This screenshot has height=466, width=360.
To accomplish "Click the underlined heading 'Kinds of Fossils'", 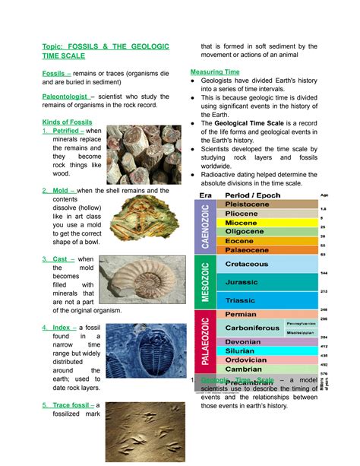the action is (x=68, y=122).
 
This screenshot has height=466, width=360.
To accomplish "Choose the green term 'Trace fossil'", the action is (x=72, y=406).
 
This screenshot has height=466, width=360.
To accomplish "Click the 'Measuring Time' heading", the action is (x=215, y=71).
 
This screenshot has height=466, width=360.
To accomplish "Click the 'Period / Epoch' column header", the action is (x=255, y=195).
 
